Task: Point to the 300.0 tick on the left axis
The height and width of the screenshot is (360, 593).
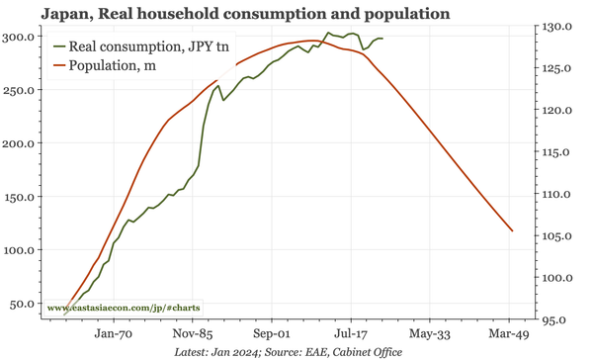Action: point(22,36)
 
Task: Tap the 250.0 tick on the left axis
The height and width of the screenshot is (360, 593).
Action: point(22,89)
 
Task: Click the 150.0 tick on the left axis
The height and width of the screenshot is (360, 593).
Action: point(22,196)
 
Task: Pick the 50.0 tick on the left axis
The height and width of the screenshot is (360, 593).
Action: point(25,304)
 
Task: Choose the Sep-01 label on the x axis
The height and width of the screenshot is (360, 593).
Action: point(270,334)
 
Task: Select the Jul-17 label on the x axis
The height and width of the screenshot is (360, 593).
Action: point(350,334)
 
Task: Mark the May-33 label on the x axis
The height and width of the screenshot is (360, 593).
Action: point(430,334)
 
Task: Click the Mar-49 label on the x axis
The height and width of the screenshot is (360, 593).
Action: point(510,334)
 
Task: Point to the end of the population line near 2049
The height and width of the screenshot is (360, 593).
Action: point(512,230)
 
